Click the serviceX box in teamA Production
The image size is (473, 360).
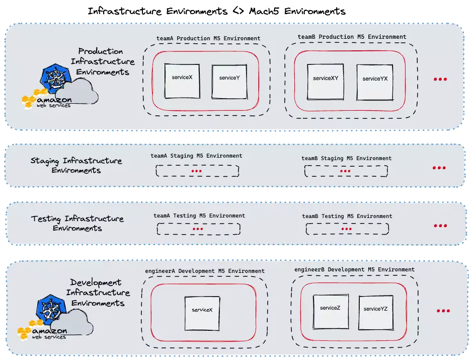click(x=182, y=81)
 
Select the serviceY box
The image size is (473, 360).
click(x=229, y=81)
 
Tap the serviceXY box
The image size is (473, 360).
click(x=326, y=81)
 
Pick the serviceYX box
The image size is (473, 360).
click(x=375, y=82)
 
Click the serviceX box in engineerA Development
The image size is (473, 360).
click(x=202, y=313)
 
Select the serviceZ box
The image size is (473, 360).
click(x=330, y=311)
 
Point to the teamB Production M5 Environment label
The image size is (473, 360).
click(x=352, y=37)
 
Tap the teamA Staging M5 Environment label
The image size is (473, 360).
click(x=196, y=156)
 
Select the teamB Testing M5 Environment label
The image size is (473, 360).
click(x=347, y=216)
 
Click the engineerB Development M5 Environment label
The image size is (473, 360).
click(x=354, y=269)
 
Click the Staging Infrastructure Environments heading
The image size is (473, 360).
click(x=76, y=166)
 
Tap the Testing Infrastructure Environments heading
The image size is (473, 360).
click(x=77, y=224)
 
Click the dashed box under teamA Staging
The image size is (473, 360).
click(x=197, y=171)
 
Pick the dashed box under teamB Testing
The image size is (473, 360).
click(x=347, y=229)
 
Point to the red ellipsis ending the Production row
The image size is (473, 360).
click(x=440, y=80)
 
